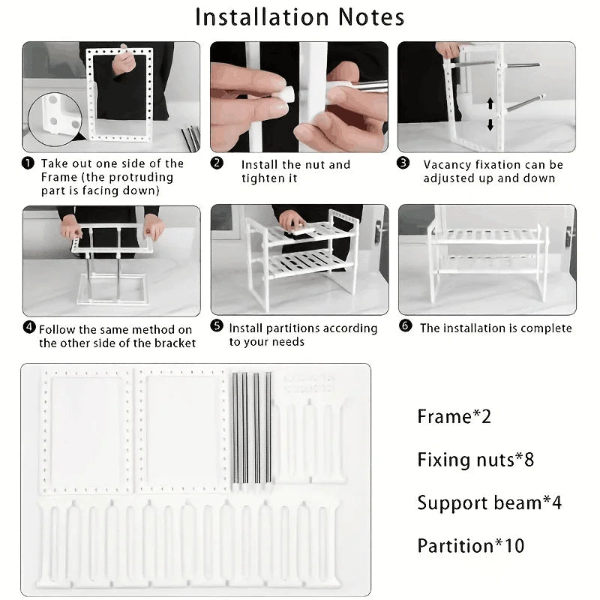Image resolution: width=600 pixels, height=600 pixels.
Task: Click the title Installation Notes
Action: pyautogui.click(x=300, y=16)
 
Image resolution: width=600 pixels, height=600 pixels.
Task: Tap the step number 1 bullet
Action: pyautogui.click(x=28, y=163)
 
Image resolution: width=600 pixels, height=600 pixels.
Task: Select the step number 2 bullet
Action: pyautogui.click(x=217, y=163)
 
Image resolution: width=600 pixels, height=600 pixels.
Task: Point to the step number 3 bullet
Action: pyautogui.click(x=403, y=163)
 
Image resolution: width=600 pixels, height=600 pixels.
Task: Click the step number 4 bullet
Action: pyautogui.click(x=28, y=328)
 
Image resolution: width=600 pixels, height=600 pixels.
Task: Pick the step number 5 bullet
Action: pyautogui.click(x=217, y=327)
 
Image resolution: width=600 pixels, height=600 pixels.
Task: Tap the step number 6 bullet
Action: pyautogui.click(x=405, y=327)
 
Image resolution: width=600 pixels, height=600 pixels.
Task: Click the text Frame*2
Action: pyautogui.click(x=454, y=416)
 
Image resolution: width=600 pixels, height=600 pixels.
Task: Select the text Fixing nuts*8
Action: pyautogui.click(x=475, y=459)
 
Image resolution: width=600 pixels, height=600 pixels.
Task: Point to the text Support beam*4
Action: pyautogui.click(x=489, y=502)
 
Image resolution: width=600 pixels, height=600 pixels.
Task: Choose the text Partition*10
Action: pyautogui.click(x=471, y=545)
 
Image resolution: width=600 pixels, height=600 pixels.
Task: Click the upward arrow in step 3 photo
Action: pyautogui.click(x=490, y=103)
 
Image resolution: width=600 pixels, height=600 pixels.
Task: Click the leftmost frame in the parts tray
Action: pyautogui.click(x=85, y=431)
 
